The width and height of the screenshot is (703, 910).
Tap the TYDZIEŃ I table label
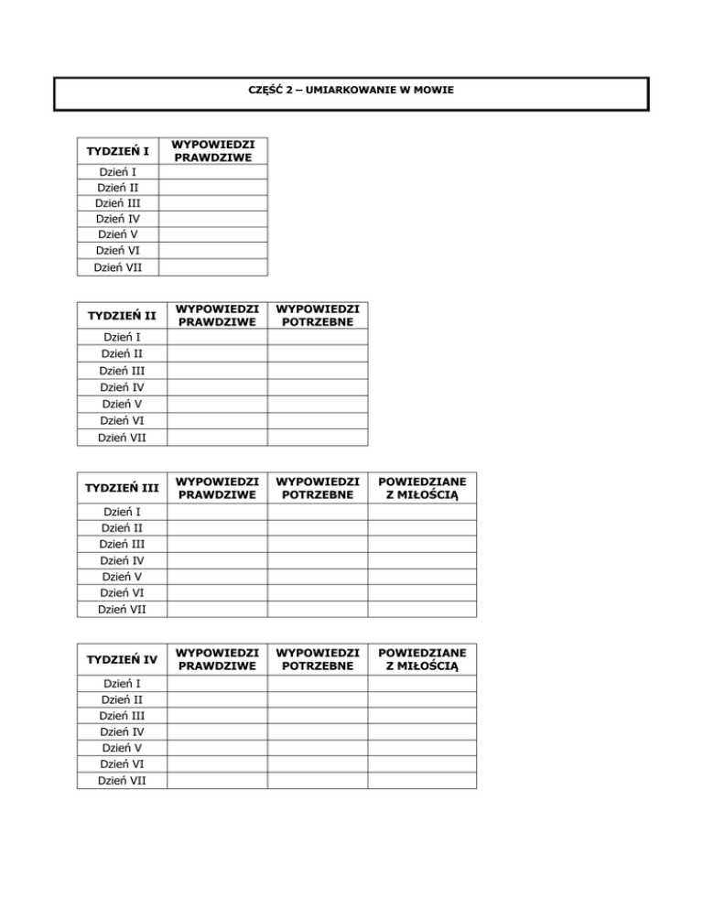[118, 150]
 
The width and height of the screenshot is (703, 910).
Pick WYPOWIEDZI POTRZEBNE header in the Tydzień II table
[318, 316]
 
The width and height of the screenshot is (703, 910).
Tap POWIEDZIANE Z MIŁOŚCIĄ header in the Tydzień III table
[422, 488]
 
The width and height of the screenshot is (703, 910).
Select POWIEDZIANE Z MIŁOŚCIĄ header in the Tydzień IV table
[422, 659]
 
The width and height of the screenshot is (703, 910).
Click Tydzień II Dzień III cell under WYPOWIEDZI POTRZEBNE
[318, 371]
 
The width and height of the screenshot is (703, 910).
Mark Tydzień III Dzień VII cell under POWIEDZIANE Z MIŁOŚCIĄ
[422, 609]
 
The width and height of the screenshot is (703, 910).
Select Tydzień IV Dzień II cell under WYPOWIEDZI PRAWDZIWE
[217, 699]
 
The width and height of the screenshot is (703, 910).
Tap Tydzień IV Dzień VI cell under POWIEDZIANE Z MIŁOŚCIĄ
[422, 764]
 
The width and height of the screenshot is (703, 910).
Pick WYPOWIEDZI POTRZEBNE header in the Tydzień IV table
[318, 659]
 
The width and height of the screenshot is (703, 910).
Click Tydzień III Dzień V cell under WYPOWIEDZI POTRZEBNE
[318, 576]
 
